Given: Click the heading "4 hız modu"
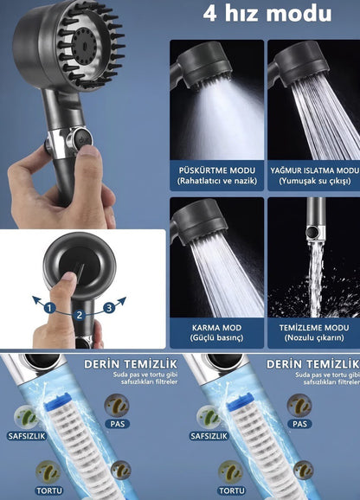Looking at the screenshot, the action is tap(267, 14).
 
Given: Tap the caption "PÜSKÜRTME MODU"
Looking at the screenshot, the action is tap(217, 170).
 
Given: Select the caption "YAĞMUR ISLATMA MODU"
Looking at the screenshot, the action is tap(315, 170).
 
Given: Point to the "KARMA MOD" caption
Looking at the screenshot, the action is tap(216, 328).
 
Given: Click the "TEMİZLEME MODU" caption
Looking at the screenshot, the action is tap(314, 328).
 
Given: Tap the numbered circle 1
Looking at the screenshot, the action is tap(49, 308).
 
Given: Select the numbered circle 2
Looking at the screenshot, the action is tap(79, 316).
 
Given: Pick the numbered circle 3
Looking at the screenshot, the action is tap(109, 308).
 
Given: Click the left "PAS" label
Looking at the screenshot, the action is tap(118, 424).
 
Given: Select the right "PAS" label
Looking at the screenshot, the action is tap(299, 424).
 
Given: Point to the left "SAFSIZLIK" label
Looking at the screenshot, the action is tap(27, 436).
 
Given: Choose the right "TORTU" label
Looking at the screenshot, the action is tap(232, 490).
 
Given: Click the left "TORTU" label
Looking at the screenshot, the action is tap(49, 490).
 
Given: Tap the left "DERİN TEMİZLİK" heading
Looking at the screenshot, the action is tap(131, 364).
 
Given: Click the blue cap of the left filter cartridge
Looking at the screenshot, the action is tap(58, 401).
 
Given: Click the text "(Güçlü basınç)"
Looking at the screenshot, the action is tap(216, 337).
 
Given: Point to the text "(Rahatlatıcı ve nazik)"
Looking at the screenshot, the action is tap(217, 181).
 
